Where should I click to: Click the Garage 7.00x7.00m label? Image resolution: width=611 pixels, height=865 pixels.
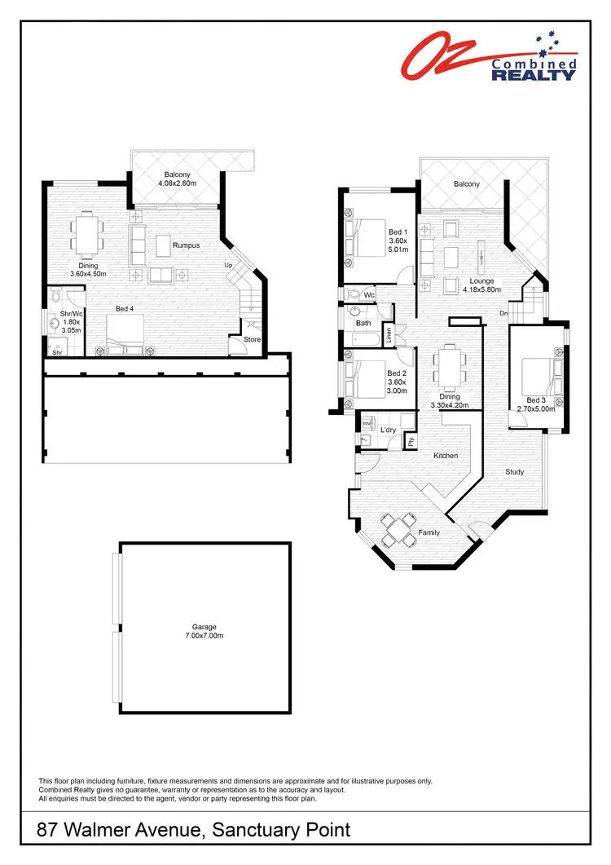[x=204, y=631]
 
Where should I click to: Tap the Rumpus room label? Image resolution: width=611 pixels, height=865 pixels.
[x=186, y=245]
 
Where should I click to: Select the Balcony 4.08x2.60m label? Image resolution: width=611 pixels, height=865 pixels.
[x=177, y=179]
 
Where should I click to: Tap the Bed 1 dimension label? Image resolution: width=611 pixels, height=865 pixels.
[x=397, y=247]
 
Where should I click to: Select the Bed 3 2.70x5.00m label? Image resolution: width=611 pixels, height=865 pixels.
[x=535, y=404]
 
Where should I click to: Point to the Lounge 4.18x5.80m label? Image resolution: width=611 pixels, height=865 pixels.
[x=484, y=285]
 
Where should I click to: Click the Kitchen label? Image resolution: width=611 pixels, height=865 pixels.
[x=445, y=456]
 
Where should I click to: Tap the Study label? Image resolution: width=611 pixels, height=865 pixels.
[x=514, y=471]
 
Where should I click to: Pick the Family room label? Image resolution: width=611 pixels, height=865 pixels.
[x=429, y=532]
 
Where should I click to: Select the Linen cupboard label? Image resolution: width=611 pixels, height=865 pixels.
[x=389, y=333]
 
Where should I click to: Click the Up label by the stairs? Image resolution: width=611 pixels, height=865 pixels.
[x=229, y=266]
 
